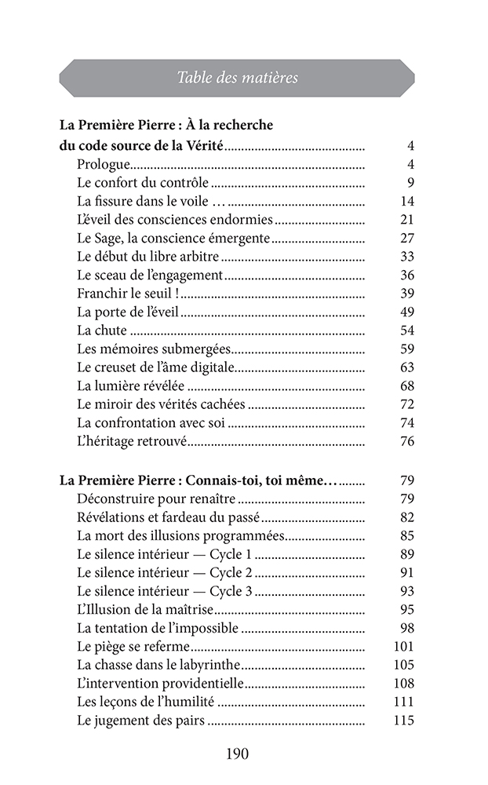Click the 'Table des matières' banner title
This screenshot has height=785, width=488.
237,78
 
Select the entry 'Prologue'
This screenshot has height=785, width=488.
103,165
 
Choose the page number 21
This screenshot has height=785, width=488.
406,220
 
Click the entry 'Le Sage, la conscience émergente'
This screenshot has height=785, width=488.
173,238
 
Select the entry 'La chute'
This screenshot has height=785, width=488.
102,330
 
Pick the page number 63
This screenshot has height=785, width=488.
406,367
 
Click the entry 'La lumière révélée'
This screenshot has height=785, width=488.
131,385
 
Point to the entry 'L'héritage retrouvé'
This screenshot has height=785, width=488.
132,441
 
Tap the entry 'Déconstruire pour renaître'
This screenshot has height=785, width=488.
156,498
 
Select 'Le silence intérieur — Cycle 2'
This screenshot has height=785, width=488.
165,572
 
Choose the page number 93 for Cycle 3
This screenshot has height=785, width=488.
406,591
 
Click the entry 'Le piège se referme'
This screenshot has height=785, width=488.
133,647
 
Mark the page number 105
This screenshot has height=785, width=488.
402,665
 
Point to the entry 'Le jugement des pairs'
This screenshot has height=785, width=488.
141,721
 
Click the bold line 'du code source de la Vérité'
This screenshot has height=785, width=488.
141,146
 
